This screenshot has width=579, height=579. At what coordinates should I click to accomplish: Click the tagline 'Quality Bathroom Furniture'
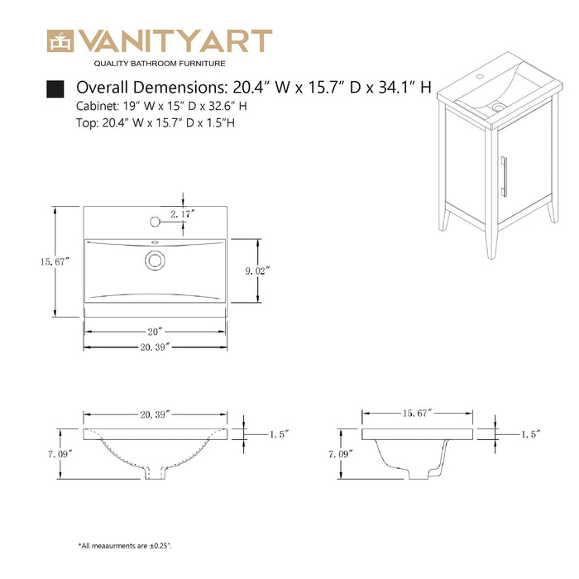point(159,63)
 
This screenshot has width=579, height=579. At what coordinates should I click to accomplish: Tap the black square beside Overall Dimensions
point(55,88)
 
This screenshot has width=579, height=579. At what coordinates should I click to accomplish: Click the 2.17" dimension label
point(181,213)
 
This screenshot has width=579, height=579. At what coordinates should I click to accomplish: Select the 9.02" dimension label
point(259,270)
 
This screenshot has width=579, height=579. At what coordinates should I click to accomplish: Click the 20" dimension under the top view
point(155,331)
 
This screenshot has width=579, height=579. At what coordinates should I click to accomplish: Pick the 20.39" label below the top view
point(155,347)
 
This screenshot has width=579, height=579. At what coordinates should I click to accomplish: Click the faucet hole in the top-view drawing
point(154,222)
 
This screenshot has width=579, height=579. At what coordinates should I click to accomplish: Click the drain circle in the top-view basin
point(154,260)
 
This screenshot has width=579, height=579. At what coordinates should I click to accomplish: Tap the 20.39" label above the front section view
point(156,414)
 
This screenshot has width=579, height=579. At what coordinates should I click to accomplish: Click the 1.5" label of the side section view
point(530,433)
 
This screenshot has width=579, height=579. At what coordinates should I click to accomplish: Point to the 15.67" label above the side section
point(419,412)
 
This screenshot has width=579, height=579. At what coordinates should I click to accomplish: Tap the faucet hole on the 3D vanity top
point(477,75)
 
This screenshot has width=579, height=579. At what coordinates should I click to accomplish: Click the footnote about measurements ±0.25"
point(125,546)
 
